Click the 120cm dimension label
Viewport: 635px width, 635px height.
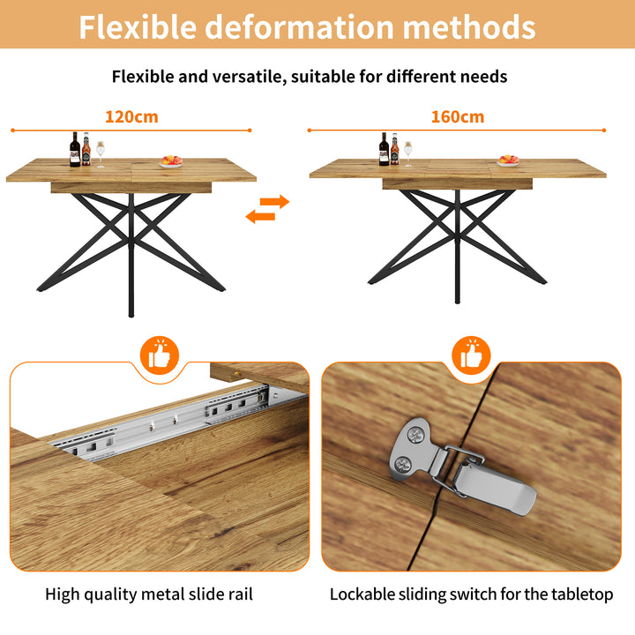(x=131, y=116)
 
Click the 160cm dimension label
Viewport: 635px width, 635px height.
(x=457, y=116)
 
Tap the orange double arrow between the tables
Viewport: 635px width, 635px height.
(x=267, y=209)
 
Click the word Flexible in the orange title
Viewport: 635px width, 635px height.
(x=138, y=26)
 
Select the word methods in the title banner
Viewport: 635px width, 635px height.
(x=469, y=26)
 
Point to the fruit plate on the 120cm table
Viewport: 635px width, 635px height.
(x=171, y=161)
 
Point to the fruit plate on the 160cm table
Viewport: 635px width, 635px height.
(x=507, y=161)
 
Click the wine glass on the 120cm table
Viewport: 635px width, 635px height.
(x=101, y=153)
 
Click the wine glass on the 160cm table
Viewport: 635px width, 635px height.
(x=407, y=153)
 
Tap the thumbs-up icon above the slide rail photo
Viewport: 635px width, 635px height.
(x=160, y=355)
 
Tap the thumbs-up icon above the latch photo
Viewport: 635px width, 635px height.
(x=472, y=355)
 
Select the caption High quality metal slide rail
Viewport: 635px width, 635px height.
(x=149, y=594)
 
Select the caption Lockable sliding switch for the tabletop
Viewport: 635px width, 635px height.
(x=471, y=594)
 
